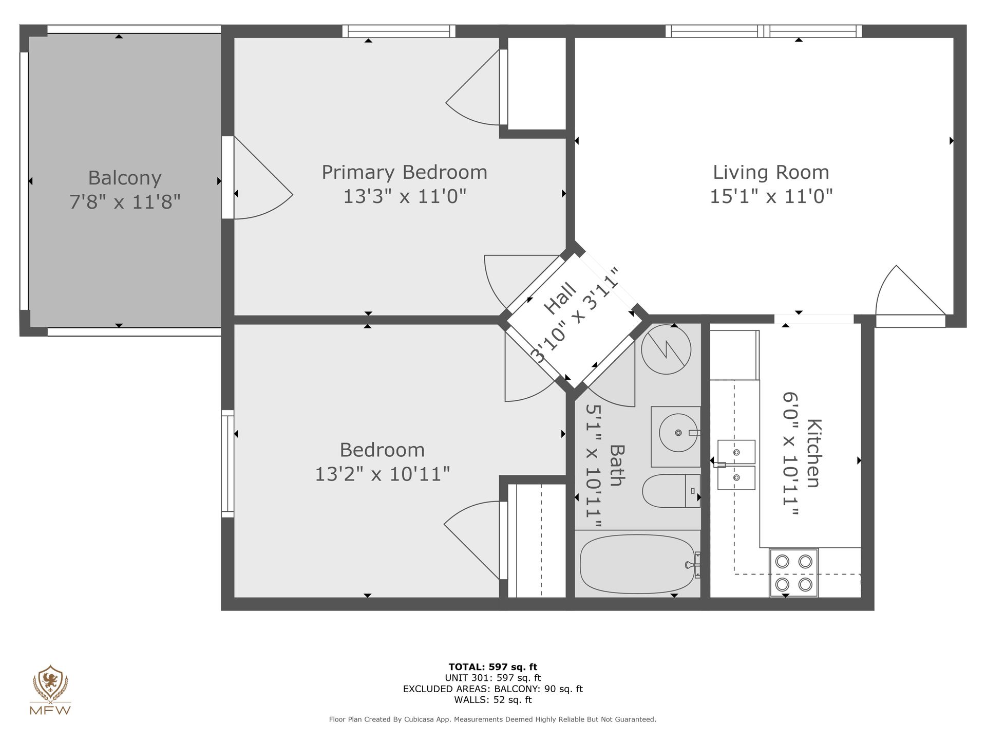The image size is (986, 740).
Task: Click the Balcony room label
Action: [125, 178]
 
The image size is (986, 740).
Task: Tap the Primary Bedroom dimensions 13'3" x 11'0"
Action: [404, 196]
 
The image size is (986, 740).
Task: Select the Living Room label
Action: [771, 172]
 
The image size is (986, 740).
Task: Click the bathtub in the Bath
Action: [637, 564]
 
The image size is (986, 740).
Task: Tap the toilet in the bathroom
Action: [671, 491]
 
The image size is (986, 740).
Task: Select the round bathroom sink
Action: [678, 433]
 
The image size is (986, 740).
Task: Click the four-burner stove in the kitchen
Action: [793, 572]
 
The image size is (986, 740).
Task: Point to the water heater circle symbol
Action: [666, 349]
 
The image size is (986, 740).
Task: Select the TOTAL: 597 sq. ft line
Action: [492, 667]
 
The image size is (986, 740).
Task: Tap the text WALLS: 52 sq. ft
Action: [492, 700]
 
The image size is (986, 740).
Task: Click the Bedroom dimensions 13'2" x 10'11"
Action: [382, 473]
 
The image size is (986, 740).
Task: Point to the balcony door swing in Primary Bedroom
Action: [267, 175]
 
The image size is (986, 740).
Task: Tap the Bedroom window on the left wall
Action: [227, 464]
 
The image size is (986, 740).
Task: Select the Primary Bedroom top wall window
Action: [399, 31]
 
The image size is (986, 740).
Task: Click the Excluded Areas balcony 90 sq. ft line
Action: [492, 689]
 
